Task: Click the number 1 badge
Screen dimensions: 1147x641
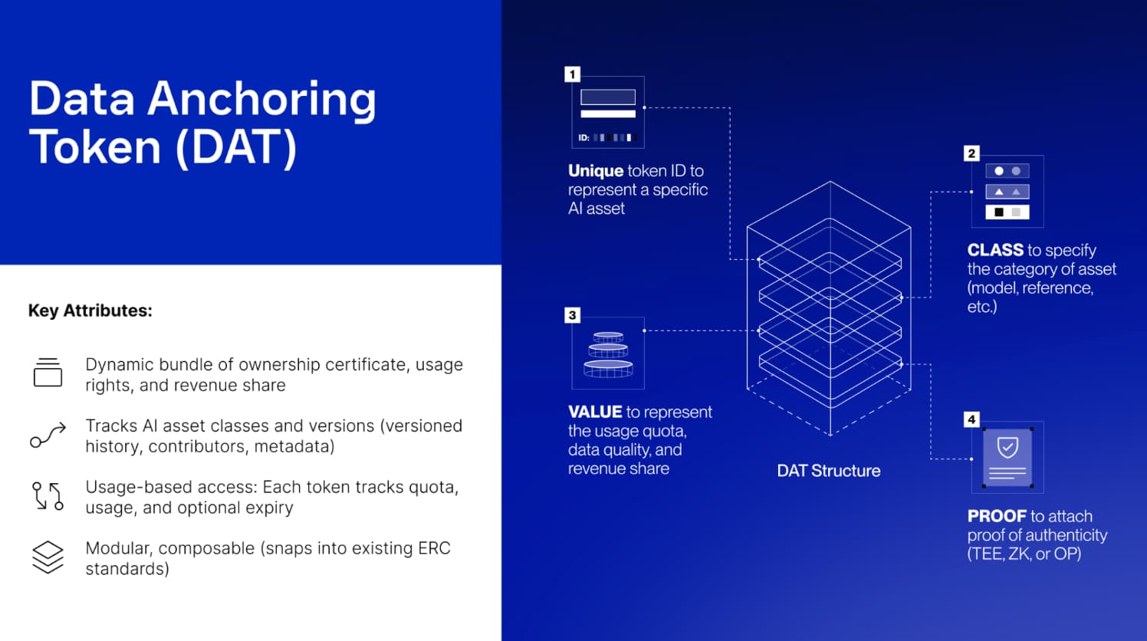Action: point(573,74)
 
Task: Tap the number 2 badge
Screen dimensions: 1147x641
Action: point(971,153)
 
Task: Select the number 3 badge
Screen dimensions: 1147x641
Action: point(573,315)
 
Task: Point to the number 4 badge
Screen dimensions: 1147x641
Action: point(971,420)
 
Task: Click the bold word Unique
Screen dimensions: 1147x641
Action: point(596,170)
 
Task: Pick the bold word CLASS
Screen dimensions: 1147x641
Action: point(995,250)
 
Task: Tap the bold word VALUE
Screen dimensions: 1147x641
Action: point(595,412)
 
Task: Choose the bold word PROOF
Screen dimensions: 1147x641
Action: point(997,516)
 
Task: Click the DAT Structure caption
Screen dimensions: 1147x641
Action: point(829,471)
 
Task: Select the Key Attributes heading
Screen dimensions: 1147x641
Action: point(90,311)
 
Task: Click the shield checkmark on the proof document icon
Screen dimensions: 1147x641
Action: point(1007,449)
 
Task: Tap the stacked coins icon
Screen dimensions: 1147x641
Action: point(608,354)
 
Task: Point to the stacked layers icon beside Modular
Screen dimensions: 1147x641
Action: point(48,557)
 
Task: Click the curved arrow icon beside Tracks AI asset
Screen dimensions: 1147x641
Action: point(48,436)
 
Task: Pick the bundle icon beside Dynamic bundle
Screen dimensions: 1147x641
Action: point(48,372)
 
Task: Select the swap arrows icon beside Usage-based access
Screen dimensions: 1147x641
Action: point(48,496)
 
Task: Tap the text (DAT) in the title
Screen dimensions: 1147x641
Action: point(236,147)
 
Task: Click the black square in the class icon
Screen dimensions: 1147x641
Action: point(998,212)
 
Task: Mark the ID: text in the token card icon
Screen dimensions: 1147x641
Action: point(583,138)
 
